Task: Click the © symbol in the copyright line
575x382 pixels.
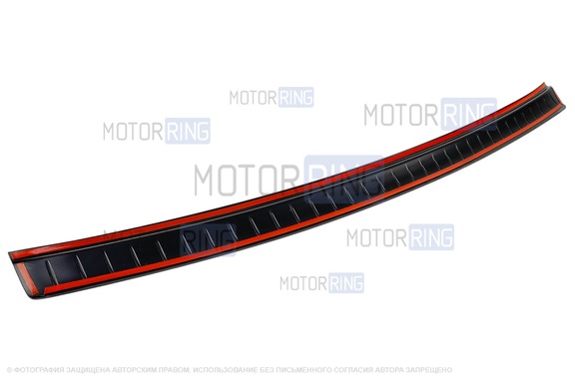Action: (10, 370)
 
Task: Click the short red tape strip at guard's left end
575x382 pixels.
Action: (28, 278)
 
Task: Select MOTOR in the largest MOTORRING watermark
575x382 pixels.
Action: (246, 180)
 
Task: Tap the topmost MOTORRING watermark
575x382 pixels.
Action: (272, 97)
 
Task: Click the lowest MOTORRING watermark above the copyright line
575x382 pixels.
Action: (322, 282)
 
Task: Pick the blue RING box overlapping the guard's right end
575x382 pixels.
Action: (468, 114)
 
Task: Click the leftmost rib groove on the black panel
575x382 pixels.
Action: (51, 271)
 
